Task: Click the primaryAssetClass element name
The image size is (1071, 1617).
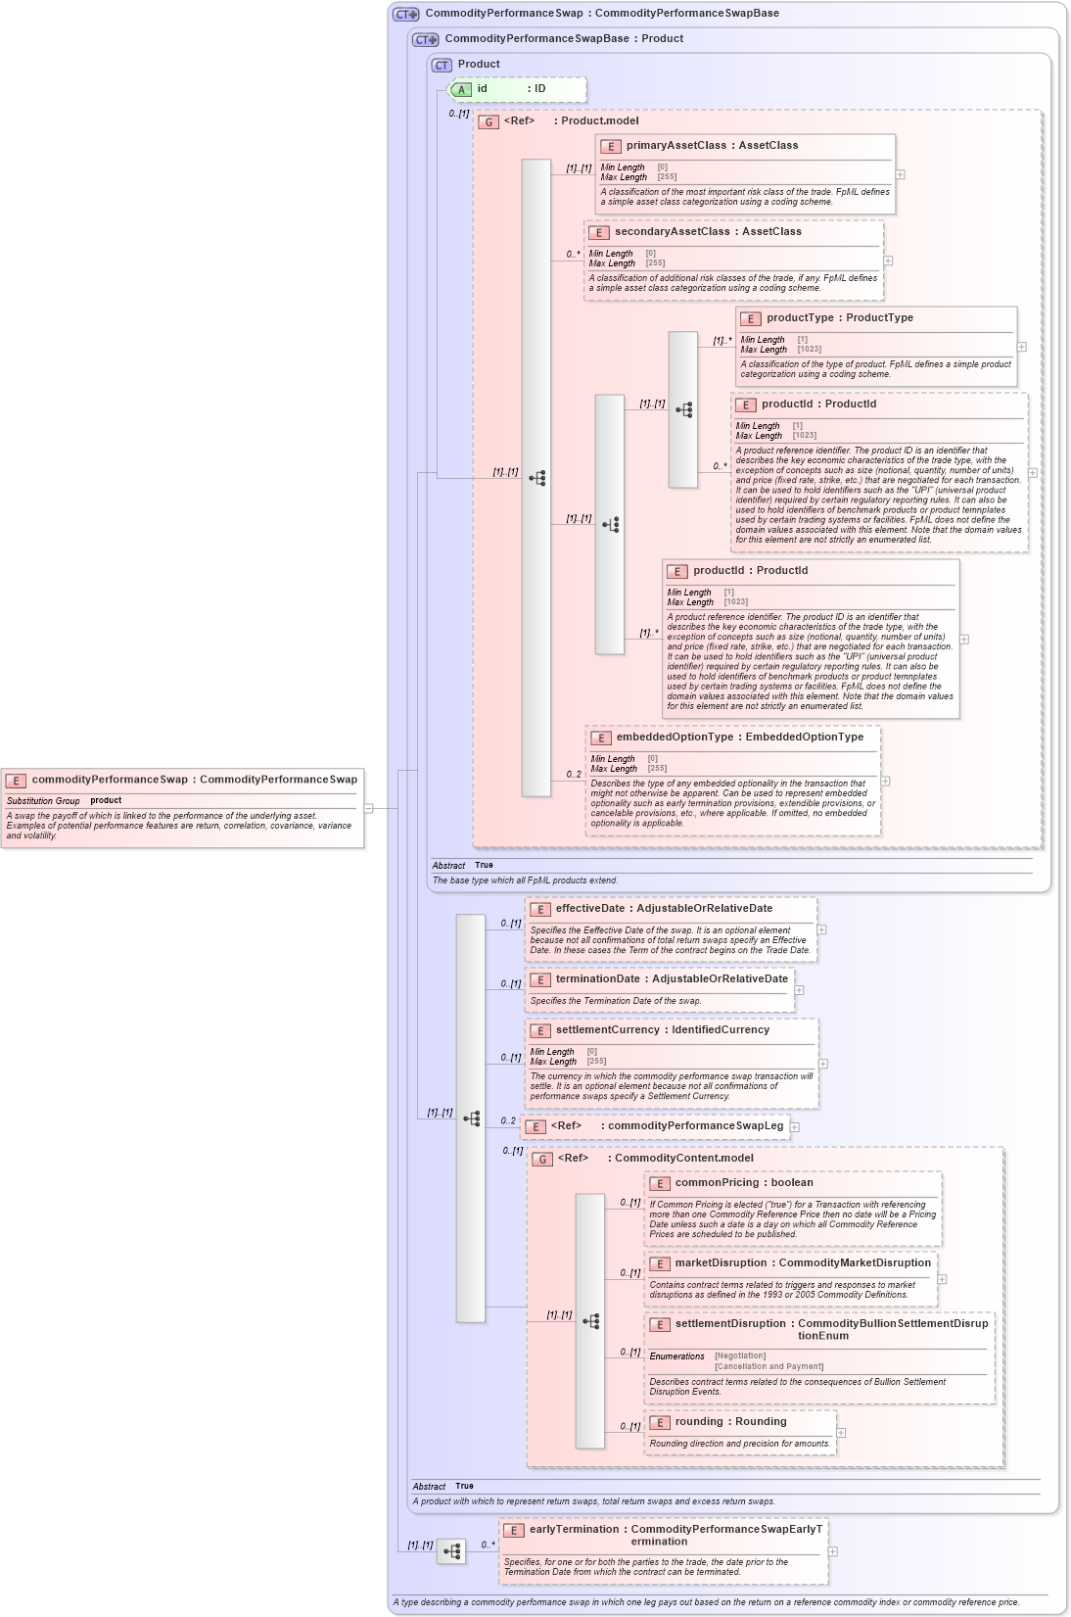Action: tap(676, 145)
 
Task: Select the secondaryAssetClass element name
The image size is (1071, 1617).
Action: tap(673, 231)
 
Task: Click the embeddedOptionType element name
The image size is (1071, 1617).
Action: tap(675, 737)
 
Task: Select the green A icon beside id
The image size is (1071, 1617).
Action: tap(462, 89)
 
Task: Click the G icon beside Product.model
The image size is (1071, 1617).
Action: tap(489, 121)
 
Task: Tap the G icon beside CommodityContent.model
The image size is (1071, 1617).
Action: tap(542, 1159)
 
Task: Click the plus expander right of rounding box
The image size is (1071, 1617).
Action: tap(841, 1432)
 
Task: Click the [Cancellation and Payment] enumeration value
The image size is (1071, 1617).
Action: tap(768, 1366)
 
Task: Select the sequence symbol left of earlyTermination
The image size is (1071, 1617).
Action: tap(451, 1551)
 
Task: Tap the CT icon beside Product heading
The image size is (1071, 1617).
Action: tap(442, 65)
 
